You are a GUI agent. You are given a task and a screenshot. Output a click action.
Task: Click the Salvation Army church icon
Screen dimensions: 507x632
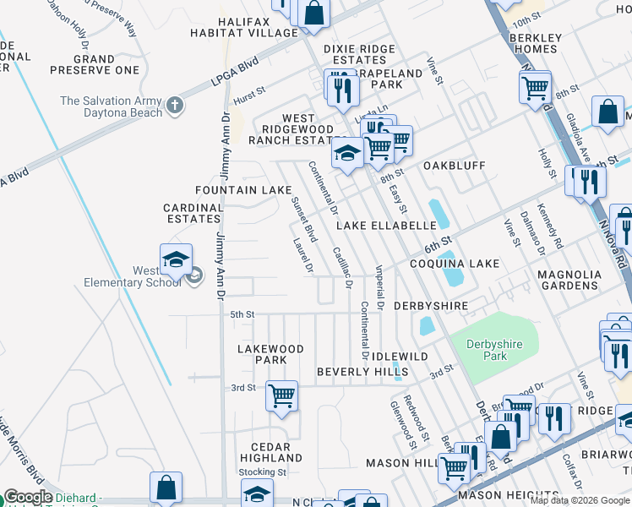175,106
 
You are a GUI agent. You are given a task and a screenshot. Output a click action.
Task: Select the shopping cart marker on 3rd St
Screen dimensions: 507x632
281,395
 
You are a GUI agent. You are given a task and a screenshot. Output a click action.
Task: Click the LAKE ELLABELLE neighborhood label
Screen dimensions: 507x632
386,226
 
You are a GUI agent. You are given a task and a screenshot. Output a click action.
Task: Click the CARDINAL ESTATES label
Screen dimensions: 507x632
193,213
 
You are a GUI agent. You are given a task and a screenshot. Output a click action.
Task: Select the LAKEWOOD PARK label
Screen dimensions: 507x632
270,354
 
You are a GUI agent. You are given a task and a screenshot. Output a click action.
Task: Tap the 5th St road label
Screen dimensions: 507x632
242,314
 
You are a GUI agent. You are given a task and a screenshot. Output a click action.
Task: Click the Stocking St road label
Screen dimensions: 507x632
257,472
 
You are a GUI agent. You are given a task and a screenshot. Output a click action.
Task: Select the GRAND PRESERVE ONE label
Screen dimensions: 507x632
106,64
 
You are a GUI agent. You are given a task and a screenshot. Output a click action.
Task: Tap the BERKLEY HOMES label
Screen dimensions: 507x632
536,43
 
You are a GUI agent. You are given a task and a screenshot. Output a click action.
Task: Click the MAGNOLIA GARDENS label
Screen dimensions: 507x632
569,281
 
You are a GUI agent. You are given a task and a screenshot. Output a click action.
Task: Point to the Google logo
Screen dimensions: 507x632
27,498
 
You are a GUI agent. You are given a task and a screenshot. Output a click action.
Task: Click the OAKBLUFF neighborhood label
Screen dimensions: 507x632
454,166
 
